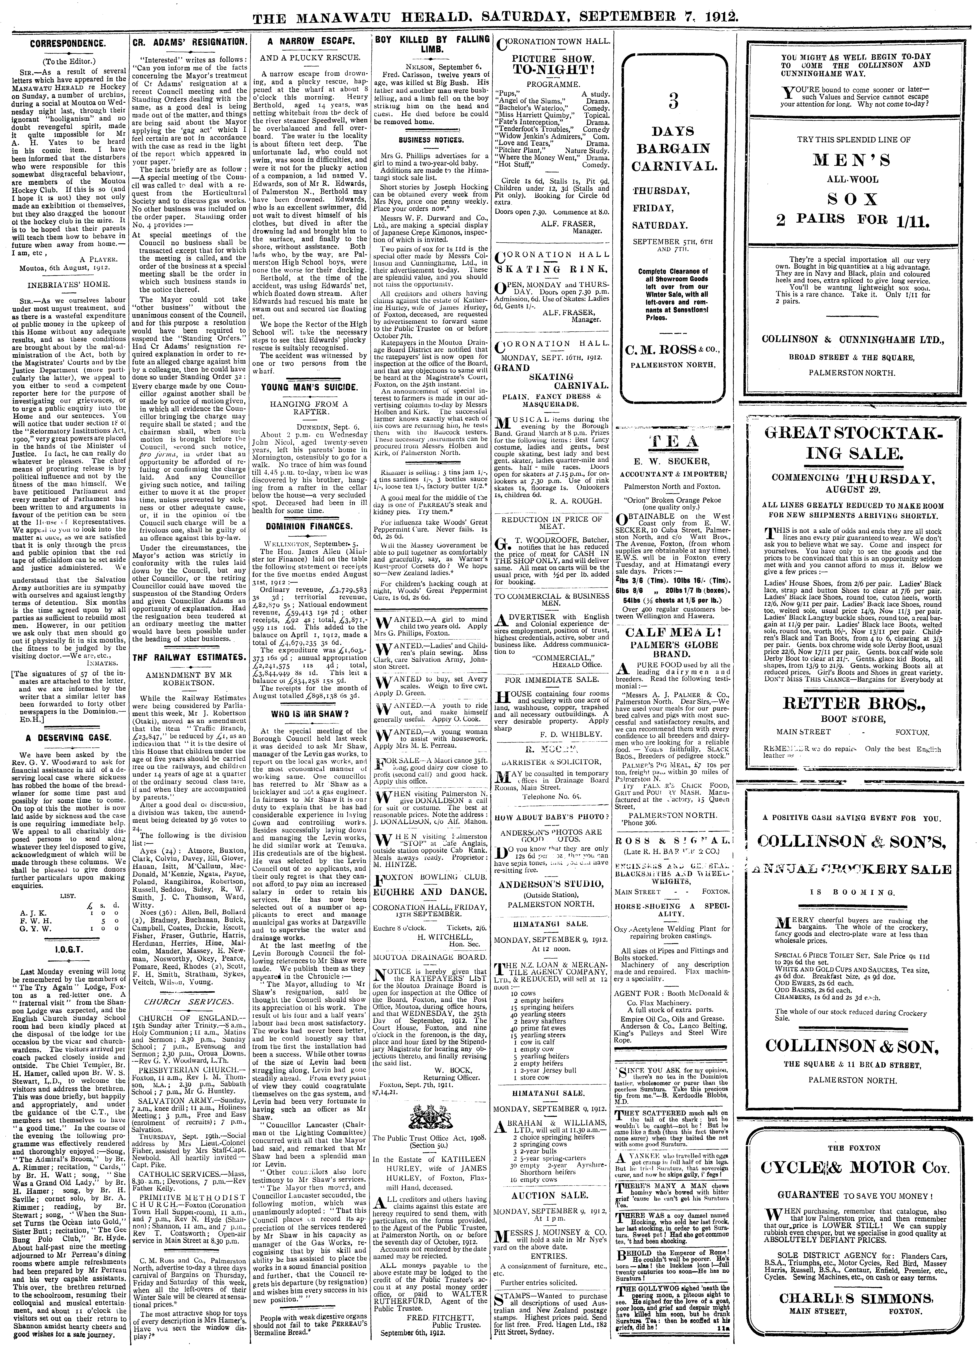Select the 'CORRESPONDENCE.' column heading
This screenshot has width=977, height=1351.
[68, 43]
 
